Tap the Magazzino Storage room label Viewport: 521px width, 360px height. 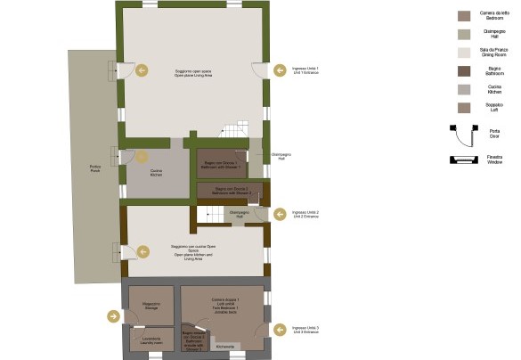click(151, 307)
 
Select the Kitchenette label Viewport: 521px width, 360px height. click(224, 347)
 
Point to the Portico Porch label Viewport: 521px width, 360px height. click(94, 169)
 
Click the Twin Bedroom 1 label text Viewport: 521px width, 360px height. click(225, 306)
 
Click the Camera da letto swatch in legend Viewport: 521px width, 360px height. click(464, 15)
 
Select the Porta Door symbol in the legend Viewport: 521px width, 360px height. click(464, 133)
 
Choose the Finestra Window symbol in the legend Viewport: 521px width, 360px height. click(464, 160)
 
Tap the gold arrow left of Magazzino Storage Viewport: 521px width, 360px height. click(113, 315)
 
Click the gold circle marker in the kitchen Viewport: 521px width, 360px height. click(141, 158)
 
